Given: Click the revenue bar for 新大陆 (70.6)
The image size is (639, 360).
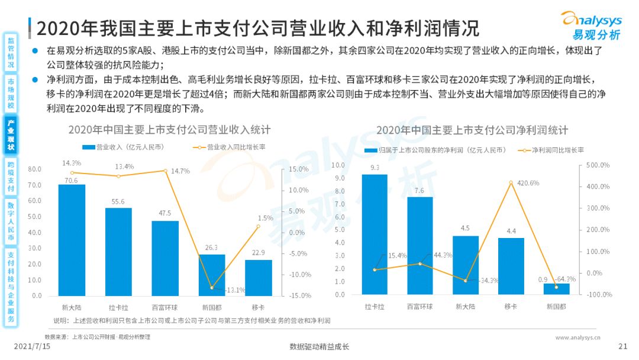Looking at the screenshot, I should (72, 240).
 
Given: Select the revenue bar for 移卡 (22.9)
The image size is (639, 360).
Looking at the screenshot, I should (258, 278).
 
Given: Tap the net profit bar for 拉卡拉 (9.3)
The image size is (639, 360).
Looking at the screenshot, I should (375, 234).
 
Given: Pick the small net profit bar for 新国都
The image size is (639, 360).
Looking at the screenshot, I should (556, 289).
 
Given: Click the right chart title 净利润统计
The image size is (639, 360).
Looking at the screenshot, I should (472, 130).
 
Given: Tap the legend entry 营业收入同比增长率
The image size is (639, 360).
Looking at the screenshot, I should (232, 147).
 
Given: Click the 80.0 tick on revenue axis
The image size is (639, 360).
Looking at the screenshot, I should (35, 169).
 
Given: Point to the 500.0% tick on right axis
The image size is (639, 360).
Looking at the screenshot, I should (598, 165).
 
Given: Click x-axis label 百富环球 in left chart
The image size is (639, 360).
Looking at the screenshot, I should (164, 307).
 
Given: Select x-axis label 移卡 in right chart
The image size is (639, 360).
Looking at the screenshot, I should (511, 307).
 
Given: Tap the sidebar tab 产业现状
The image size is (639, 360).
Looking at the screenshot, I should (11, 135).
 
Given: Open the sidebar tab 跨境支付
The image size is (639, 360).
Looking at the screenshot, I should (11, 176).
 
